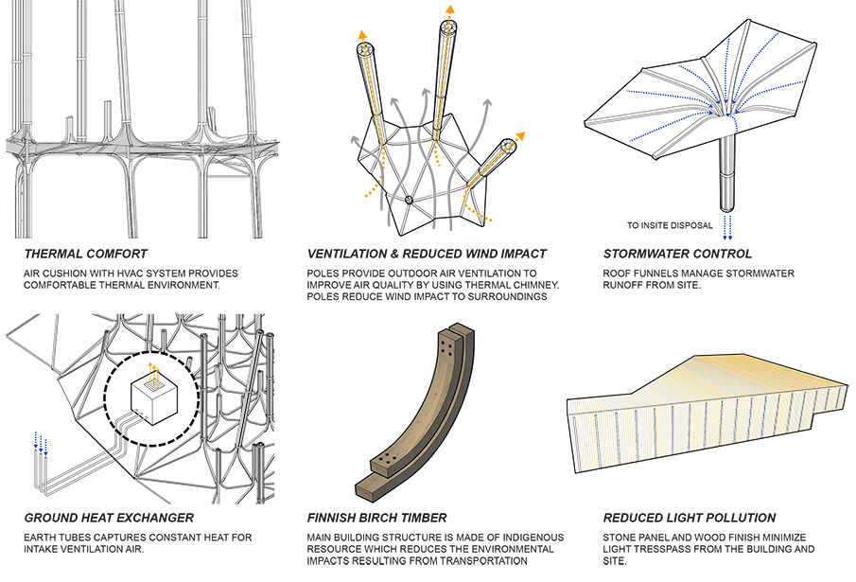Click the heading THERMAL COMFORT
click(x=86, y=254)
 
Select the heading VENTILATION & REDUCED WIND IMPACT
click(x=427, y=254)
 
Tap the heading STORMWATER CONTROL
click(x=677, y=254)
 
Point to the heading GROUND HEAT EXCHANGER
click(x=109, y=518)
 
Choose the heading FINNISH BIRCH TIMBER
click(x=376, y=518)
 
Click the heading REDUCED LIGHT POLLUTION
click(x=690, y=518)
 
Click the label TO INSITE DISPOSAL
click(x=670, y=225)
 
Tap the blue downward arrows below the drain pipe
click(x=727, y=227)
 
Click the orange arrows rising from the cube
click(x=154, y=375)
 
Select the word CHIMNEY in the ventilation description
click(x=536, y=285)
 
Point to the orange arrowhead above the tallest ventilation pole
click(x=450, y=9)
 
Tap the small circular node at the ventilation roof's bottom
click(x=409, y=200)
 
